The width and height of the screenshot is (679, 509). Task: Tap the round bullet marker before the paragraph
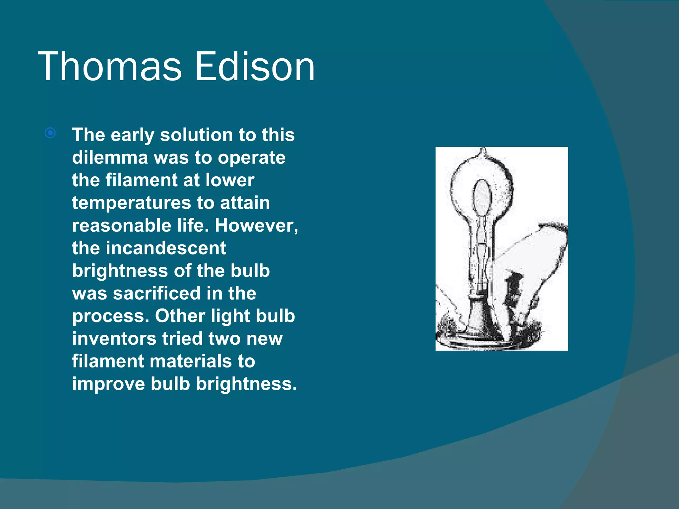click(50, 133)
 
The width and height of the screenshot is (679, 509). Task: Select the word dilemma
click(110, 157)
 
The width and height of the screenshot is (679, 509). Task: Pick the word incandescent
click(166, 248)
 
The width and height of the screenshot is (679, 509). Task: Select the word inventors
click(114, 339)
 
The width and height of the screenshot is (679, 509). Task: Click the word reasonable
click(121, 225)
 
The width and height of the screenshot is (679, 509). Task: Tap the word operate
click(252, 157)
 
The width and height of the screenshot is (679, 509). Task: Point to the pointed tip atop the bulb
click(483, 151)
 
